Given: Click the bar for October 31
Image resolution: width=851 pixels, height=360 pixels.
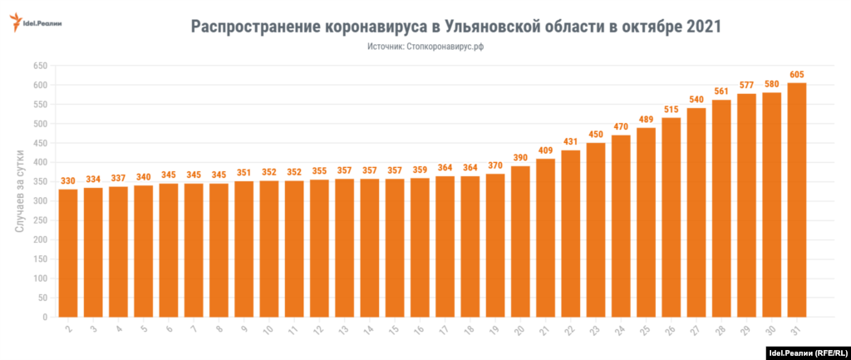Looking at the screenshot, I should [797, 200].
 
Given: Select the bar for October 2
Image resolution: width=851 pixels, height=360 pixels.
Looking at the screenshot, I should [68, 253].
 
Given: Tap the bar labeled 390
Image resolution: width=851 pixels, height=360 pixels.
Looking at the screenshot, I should [520, 241].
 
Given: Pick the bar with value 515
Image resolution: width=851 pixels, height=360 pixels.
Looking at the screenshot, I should [671, 217].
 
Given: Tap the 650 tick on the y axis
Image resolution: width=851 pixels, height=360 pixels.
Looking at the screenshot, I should [39, 66].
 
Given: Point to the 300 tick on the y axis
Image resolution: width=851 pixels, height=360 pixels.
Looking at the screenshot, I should [39, 201].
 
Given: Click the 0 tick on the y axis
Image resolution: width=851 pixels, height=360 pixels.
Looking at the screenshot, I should [45, 317].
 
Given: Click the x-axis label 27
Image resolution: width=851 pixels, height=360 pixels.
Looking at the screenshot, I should [695, 331].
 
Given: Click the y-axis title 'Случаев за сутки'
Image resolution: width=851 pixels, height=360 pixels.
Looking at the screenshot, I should [21, 191].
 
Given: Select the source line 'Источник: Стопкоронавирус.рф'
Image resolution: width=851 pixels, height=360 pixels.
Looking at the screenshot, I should [425, 47].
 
